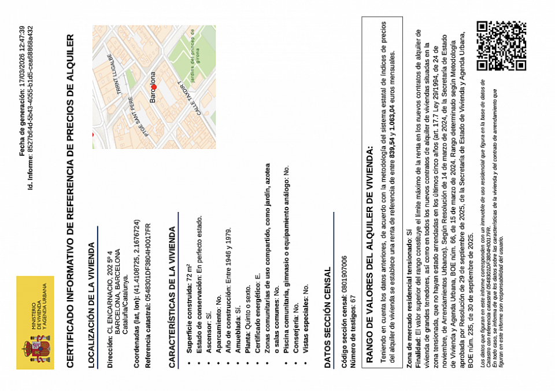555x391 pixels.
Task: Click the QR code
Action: [501, 46]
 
